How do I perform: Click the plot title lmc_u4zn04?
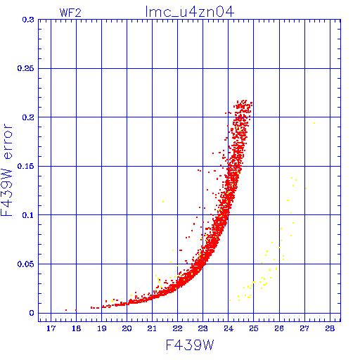pyautogui.click(x=190, y=12)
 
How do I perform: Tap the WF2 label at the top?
pyautogui.click(x=70, y=13)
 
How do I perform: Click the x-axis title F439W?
pyautogui.click(x=190, y=345)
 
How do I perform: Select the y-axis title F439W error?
pyautogui.click(x=6, y=170)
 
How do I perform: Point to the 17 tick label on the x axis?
pyautogui.click(x=51, y=328)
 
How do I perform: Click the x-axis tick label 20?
pyautogui.click(x=127, y=328)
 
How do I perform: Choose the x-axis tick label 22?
pyautogui.click(x=177, y=328)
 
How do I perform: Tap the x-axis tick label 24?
pyautogui.click(x=229, y=328)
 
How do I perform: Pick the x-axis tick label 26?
pyautogui.click(x=279, y=328)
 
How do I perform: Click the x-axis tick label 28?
pyautogui.click(x=330, y=328)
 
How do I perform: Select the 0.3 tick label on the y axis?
pyautogui.click(x=28, y=20)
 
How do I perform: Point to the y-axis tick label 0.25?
pyautogui.click(x=25, y=68)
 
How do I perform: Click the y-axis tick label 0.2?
pyautogui.click(x=28, y=117)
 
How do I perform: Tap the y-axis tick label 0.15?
pyautogui.click(x=25, y=166)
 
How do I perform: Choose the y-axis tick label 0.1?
pyautogui.click(x=28, y=215)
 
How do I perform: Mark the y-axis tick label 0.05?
pyautogui.click(x=25, y=264)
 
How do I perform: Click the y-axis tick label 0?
pyautogui.click(x=32, y=313)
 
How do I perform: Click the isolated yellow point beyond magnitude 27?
pyautogui.click(x=314, y=123)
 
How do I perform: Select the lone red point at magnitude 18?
pyautogui.click(x=76, y=310)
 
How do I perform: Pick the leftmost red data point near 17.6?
pyautogui.click(x=66, y=310)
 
